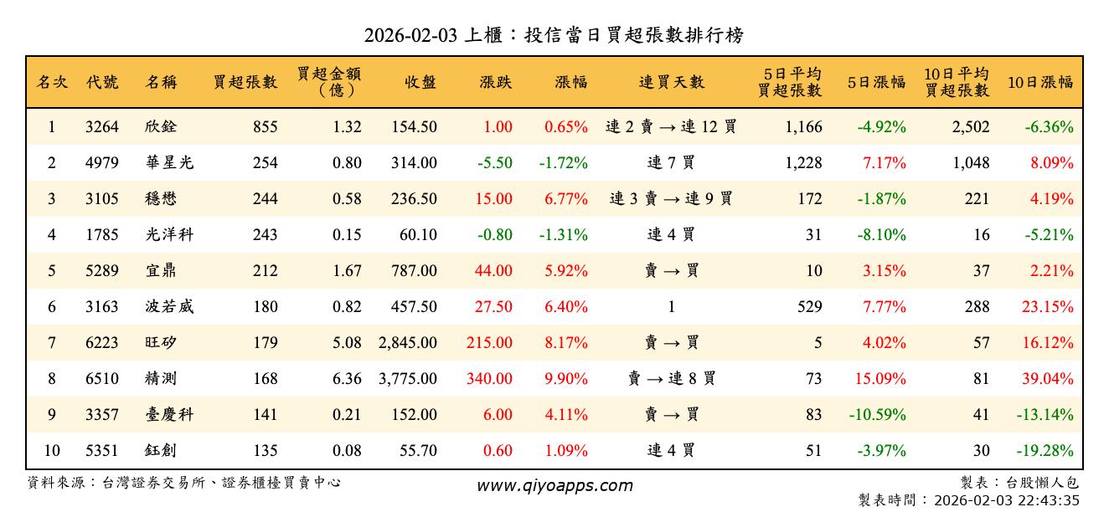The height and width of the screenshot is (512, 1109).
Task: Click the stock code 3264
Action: click(x=102, y=127)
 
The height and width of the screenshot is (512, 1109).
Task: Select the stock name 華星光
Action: click(x=168, y=163)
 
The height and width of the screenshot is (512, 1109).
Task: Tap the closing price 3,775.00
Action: click(x=407, y=379)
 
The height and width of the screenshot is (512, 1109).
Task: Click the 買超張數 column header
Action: click(x=245, y=82)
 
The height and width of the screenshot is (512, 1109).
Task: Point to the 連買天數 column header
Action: click(x=671, y=82)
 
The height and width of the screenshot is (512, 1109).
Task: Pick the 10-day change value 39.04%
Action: click(x=1047, y=379)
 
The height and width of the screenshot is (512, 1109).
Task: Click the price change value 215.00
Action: click(x=491, y=343)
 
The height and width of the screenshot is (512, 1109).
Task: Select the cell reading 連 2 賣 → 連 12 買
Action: click(x=671, y=127)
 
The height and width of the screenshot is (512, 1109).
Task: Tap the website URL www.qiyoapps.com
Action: click(x=554, y=485)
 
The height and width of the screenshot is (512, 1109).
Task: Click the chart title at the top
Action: click(x=554, y=35)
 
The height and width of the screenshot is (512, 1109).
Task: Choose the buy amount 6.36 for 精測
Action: click(x=347, y=379)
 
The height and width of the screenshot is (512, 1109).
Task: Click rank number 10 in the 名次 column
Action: click(x=51, y=451)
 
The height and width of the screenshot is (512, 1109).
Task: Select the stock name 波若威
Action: click(x=168, y=307)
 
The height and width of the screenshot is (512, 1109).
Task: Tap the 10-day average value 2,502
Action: click(x=971, y=127)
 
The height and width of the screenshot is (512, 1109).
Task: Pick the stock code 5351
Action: click(x=102, y=451)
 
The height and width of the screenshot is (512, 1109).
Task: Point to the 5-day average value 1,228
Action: click(x=804, y=163)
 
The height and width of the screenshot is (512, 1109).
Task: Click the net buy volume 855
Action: click(x=265, y=127)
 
